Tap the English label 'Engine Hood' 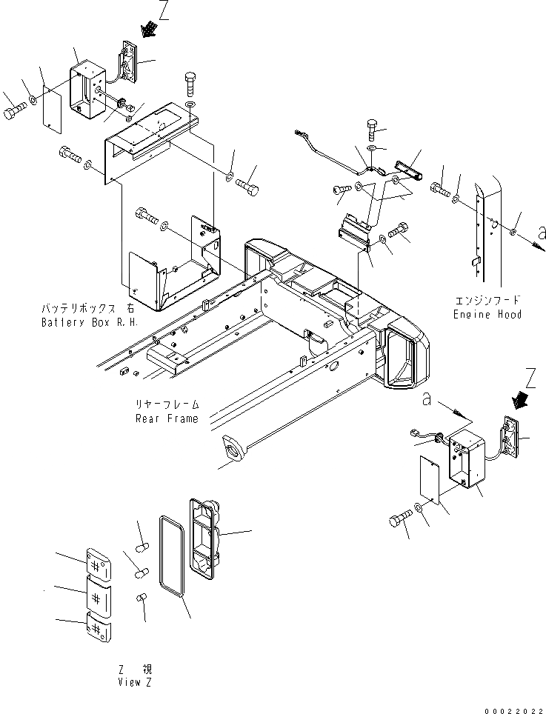pyautogui.click(x=487, y=314)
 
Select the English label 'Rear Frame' pyautogui.click(x=167, y=418)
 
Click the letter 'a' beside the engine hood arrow pyautogui.click(x=542, y=233)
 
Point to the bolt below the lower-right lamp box pyautogui.click(x=400, y=519)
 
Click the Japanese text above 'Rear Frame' pyautogui.click(x=167, y=405)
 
